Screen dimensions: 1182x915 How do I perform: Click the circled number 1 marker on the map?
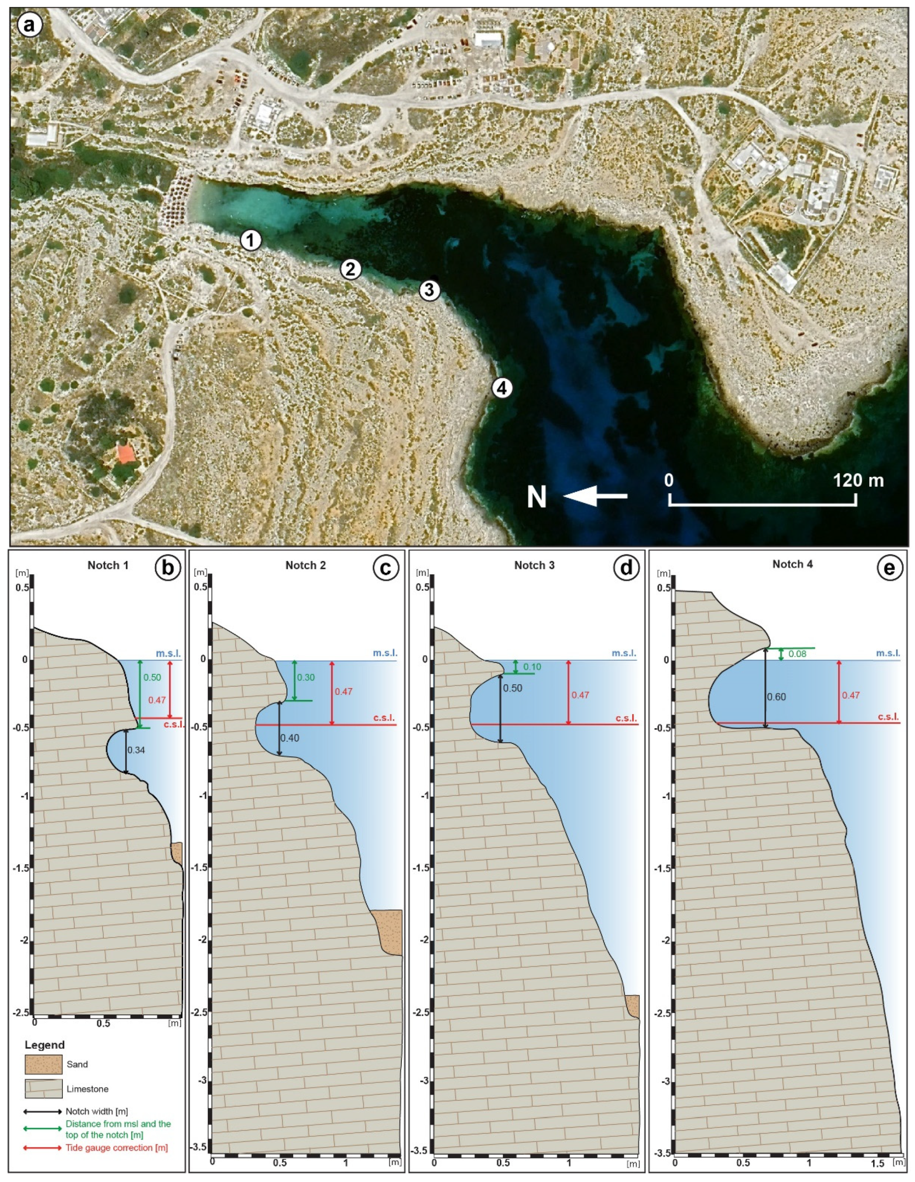pyautogui.click(x=250, y=240)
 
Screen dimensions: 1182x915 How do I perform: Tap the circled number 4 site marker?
pyautogui.click(x=502, y=387)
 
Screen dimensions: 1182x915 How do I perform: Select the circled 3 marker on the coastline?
pyautogui.click(x=429, y=290)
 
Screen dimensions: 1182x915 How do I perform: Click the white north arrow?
pyautogui.click(x=595, y=496)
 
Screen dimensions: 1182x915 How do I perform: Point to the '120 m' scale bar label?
pyautogui.click(x=858, y=480)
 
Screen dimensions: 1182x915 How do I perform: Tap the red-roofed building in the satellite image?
pyautogui.click(x=126, y=453)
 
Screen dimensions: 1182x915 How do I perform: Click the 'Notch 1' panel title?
pyautogui.click(x=108, y=565)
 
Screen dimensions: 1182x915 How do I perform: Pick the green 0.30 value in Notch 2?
pyautogui.click(x=306, y=677)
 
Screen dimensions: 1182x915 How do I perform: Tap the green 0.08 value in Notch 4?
pyautogui.click(x=797, y=654)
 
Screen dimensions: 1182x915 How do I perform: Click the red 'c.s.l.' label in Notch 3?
pyautogui.click(x=626, y=718)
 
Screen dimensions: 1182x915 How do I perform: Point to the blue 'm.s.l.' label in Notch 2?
pyautogui.click(x=385, y=653)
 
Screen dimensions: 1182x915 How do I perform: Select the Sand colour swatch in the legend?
pyautogui.click(x=43, y=1064)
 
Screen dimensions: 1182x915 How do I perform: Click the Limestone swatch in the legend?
pyautogui.click(x=43, y=1089)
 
